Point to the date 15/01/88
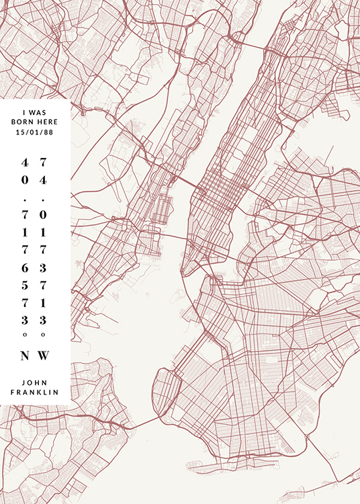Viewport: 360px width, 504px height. coord(35,132)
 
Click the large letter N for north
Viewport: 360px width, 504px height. coord(25,355)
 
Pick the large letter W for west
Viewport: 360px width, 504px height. coord(44,355)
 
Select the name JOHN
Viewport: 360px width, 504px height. coord(35,381)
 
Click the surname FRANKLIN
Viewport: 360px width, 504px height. coord(35,392)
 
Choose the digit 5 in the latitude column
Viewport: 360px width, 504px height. coord(25,284)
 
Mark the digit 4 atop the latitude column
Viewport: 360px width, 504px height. coord(25,163)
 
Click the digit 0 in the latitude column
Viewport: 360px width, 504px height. coord(25,180)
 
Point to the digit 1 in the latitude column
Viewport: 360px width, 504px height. coord(25,233)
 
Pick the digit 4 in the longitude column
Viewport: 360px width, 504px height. coord(43,180)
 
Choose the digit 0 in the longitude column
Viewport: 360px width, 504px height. coord(43,215)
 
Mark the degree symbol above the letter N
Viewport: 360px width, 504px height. coord(25,334)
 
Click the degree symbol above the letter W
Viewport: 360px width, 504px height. coord(43,334)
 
